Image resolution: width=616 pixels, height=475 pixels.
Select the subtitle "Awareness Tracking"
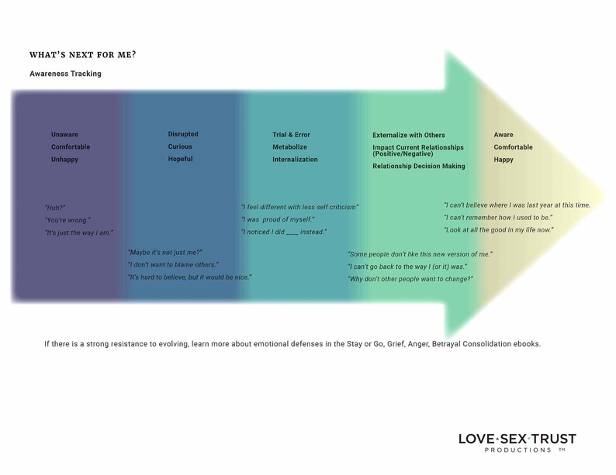coord(65,74)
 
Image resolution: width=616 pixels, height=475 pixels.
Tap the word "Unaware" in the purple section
coord(64,135)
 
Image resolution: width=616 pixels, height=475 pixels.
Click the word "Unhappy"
coord(64,160)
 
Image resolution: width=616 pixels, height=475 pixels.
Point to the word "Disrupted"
coord(183,134)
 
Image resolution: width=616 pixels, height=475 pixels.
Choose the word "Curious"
coord(180,146)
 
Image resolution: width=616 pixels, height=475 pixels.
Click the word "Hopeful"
coord(181,159)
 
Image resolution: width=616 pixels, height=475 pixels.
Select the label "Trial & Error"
coord(292,135)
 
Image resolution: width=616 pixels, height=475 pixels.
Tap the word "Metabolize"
coord(289,147)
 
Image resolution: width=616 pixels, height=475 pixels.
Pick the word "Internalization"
coord(295,160)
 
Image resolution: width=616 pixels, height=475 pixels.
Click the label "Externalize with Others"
coord(409,135)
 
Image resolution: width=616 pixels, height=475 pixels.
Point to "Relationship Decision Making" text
coord(419,166)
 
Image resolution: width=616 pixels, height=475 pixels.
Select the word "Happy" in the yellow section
coord(504,160)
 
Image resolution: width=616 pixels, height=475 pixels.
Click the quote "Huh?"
coord(55,208)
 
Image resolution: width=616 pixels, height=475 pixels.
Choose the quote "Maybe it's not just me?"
coord(164,253)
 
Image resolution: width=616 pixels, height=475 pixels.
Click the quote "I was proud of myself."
coord(277,219)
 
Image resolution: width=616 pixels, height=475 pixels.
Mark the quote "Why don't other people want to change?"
coord(410,279)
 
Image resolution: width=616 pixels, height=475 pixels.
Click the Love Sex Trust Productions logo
coord(517,442)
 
